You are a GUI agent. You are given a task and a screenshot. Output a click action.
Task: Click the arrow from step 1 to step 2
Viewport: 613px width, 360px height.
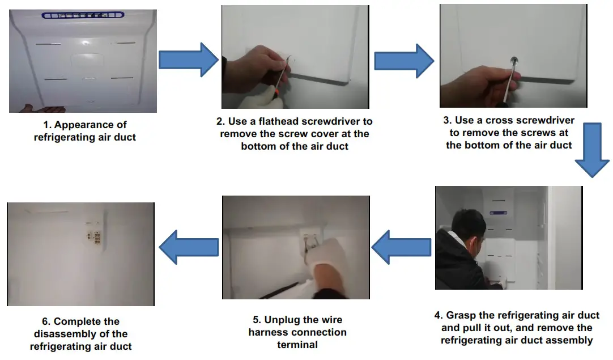187,59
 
